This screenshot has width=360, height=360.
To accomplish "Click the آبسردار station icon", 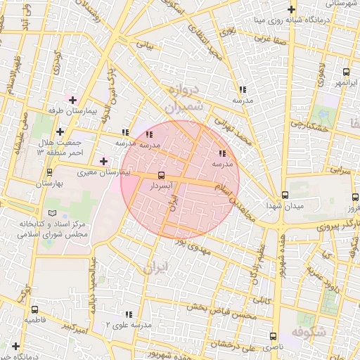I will (x=162, y=174).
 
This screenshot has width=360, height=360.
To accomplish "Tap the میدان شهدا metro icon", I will (x=285, y=195).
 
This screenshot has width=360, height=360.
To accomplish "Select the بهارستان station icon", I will (x=49, y=172).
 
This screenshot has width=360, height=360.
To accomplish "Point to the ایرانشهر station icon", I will (x=346, y=72).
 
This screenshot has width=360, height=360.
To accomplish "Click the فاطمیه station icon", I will (x=34, y=309).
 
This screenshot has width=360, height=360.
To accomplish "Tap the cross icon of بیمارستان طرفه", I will (x=72, y=100).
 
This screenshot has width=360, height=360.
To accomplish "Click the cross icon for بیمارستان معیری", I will (x=104, y=161).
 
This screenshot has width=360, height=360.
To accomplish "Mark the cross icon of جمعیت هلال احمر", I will (x=60, y=131).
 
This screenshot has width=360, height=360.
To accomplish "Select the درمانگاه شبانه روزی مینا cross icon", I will (x=292, y=11).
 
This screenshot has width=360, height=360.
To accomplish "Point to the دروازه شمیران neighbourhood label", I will (x=185, y=98).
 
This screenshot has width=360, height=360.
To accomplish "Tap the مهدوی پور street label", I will (x=196, y=246).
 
